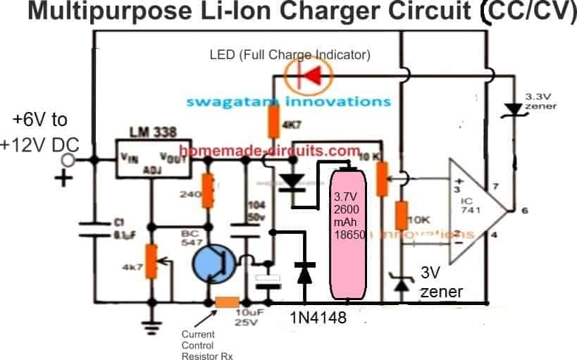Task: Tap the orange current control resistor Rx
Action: [227, 303]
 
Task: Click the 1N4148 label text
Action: [319, 318]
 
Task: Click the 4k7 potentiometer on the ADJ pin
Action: [151, 261]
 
